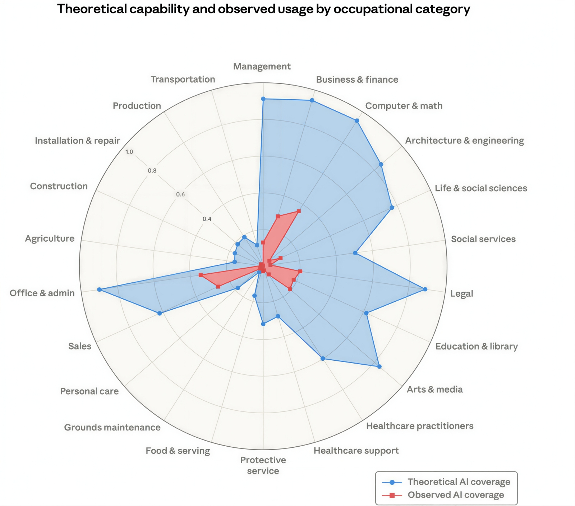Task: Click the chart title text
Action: coord(263,9)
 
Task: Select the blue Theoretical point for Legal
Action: coord(425,289)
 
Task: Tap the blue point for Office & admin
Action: coord(99,290)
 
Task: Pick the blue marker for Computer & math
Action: coord(357,121)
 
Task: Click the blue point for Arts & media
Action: coord(379,366)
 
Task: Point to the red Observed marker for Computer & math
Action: coord(299,211)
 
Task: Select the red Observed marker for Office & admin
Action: coord(201,275)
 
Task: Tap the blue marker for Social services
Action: coord(355,253)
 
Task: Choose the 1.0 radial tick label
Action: coord(129,152)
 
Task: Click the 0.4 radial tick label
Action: coord(207,219)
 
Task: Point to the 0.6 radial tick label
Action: coord(180,195)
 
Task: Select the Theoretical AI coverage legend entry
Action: coord(459,482)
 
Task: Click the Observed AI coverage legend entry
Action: coord(456,495)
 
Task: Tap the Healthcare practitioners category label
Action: coord(420,426)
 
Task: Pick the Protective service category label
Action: coord(263,465)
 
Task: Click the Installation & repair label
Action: coord(77,141)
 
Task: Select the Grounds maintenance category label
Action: coord(112,427)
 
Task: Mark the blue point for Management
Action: coord(263,99)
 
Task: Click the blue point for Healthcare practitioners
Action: coord(323,358)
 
